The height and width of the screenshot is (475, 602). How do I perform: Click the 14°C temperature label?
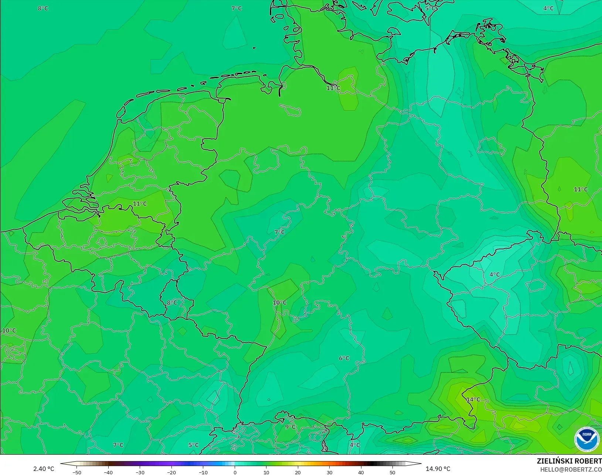tap(473, 400)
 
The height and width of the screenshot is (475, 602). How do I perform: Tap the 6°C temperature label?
tap(344, 358)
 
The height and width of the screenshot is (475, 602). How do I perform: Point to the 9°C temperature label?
tap(290, 427)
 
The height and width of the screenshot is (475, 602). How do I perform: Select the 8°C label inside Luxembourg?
tap(172, 303)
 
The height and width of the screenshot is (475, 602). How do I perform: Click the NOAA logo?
tap(586, 439)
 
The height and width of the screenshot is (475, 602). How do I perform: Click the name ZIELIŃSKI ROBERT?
tap(569, 461)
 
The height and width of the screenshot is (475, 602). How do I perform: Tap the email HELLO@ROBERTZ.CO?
tap(571, 469)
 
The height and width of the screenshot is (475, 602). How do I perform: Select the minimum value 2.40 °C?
tap(44, 469)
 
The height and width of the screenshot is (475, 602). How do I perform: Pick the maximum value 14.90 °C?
tap(438, 469)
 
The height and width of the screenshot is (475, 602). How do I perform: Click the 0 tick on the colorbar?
tap(235, 472)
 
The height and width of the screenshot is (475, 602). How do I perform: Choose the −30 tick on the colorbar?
tap(140, 472)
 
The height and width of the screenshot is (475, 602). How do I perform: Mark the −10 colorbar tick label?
tap(203, 472)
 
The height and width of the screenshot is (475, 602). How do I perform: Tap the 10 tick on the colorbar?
tap(266, 472)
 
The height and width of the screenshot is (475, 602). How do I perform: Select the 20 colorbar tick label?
tap(298, 472)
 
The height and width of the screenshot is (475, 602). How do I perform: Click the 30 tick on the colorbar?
tap(330, 472)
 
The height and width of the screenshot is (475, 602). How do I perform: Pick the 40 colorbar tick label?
tap(361, 472)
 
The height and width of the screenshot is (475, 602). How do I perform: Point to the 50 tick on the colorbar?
tap(392, 472)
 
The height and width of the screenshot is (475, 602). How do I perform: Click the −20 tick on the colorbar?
tap(171, 472)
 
